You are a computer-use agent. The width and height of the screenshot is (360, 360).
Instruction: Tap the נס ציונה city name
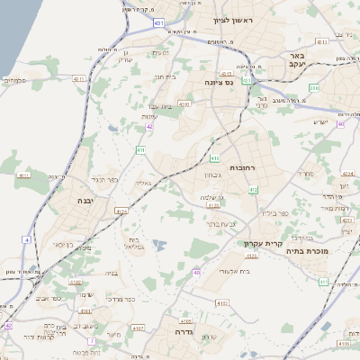[219, 83]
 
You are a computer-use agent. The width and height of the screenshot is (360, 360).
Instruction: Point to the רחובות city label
[243, 168]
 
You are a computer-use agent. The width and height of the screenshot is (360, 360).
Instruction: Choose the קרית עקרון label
[263, 243]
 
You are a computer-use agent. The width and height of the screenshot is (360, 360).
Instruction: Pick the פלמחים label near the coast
[16, 80]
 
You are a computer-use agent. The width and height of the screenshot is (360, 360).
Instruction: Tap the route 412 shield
[254, 190]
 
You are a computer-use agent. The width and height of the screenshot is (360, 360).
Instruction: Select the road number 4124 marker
[121, 211]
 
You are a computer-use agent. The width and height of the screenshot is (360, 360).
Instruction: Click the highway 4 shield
[27, 240]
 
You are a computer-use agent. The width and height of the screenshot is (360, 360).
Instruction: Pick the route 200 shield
[314, 88]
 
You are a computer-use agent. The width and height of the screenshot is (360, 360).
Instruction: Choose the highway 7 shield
[92, 341]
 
